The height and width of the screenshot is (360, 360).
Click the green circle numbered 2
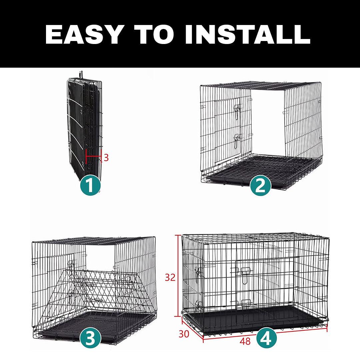click(260, 185)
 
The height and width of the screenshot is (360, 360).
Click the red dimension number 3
click(106, 157)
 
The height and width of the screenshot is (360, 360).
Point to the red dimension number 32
click(170, 277)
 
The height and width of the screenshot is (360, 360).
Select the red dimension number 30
click(183, 333)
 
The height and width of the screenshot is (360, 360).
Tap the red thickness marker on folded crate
click(93, 156)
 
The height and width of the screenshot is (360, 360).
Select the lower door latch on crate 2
click(237, 140)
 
